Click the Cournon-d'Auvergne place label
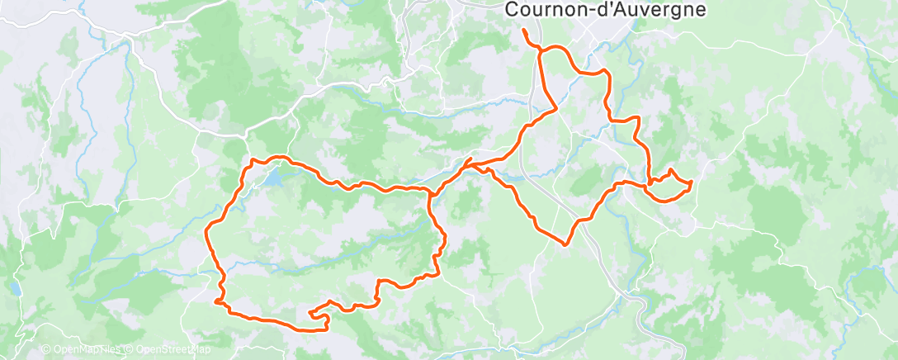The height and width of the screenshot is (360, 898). click(x=605, y=10)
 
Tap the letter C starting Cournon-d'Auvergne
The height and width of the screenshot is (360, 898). click(x=509, y=10)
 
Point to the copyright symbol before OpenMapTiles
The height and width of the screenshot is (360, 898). click(x=45, y=350)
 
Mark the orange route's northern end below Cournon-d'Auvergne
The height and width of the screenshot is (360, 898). click(x=524, y=31)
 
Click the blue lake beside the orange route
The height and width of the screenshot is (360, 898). click(x=272, y=176)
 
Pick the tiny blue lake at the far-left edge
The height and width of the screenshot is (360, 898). click(x=16, y=288)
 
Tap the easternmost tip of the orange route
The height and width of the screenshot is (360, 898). click(x=690, y=181)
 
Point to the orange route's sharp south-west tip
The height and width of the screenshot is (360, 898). click(x=216, y=302)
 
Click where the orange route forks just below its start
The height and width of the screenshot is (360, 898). click(x=540, y=51)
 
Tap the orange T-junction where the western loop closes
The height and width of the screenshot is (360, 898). click(x=431, y=193)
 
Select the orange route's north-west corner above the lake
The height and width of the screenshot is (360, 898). click(x=252, y=159)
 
